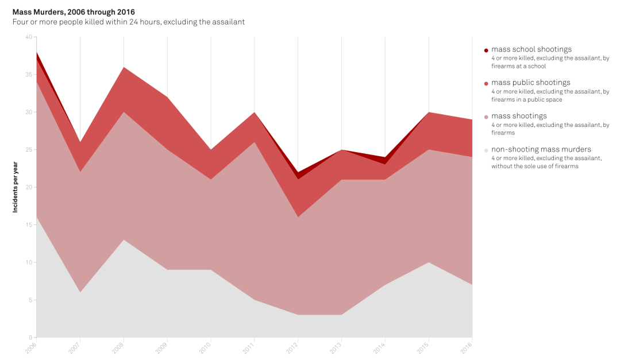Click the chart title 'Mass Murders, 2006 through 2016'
pyautogui.click(x=74, y=11)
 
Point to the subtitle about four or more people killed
pyautogui.click(x=129, y=22)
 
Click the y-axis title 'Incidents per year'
pyautogui.click(x=16, y=187)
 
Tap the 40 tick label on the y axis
pyautogui.click(x=29, y=37)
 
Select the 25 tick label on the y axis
pyautogui.click(x=29, y=150)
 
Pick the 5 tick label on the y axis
pyautogui.click(x=30, y=300)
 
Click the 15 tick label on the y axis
pyautogui.click(x=29, y=225)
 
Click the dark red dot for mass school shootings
pyautogui.click(x=486, y=51)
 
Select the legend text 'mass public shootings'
pyautogui.click(x=531, y=83)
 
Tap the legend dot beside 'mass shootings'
pyautogui.click(x=486, y=117)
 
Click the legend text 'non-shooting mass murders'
pyautogui.click(x=541, y=149)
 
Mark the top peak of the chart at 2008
pyautogui.click(x=124, y=67)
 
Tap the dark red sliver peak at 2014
pyautogui.click(x=385, y=157)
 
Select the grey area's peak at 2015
pyautogui.click(x=429, y=262)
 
